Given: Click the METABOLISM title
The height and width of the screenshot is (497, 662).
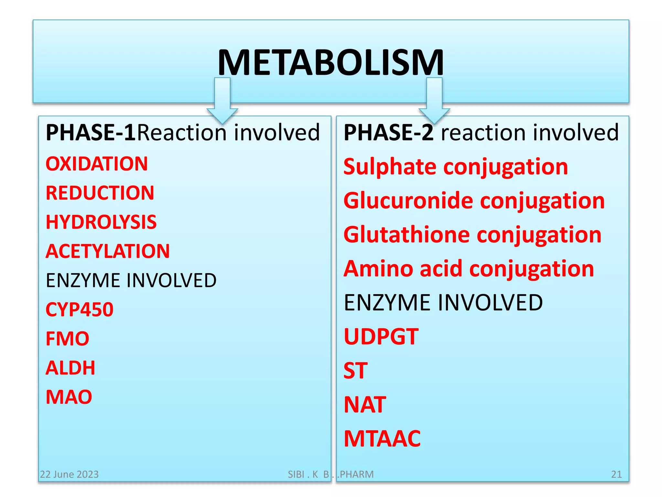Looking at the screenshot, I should tap(331, 63).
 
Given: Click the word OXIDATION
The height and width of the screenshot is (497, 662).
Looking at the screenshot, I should tap(97, 164).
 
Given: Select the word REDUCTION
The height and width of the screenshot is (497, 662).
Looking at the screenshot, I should tap(100, 193).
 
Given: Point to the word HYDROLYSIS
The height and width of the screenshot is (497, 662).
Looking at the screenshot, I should tap(101, 222).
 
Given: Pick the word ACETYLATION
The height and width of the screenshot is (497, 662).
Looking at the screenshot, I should tap(108, 251).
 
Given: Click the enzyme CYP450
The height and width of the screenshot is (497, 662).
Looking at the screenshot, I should tap(80, 309).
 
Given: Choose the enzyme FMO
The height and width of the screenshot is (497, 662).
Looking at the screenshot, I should tap(67, 339).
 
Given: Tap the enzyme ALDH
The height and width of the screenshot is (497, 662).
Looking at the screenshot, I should tap(70, 368).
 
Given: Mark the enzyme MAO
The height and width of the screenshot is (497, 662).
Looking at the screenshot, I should tap(69, 397).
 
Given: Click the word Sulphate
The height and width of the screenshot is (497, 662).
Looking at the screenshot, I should tap(390, 167).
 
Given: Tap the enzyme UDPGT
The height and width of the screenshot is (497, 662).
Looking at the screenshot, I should tap(381, 337).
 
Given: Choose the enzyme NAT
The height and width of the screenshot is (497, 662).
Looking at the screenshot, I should tap(365, 405).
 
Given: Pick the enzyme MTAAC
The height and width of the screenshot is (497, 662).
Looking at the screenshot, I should tap(382, 439).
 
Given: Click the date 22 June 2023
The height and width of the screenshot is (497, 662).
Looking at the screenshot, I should tap(69, 474).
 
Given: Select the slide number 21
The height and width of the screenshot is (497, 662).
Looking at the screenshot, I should tap(616, 474).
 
